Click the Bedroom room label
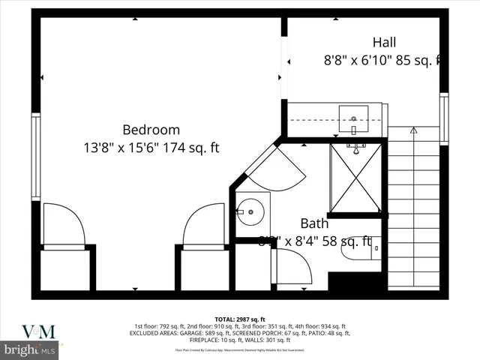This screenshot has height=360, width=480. click(x=151, y=129)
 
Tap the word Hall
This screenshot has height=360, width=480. click(x=384, y=42)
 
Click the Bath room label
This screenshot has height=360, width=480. click(x=314, y=223)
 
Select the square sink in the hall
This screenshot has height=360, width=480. click(x=353, y=118)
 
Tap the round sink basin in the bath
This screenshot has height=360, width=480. click(x=251, y=211)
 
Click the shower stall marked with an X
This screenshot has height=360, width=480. click(x=355, y=178)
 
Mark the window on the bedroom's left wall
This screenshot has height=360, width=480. click(x=35, y=145)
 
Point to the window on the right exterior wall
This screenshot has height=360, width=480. click(x=444, y=118)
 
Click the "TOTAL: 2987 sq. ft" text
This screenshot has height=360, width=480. click(x=240, y=319)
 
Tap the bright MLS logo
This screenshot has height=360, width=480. click(x=29, y=349)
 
